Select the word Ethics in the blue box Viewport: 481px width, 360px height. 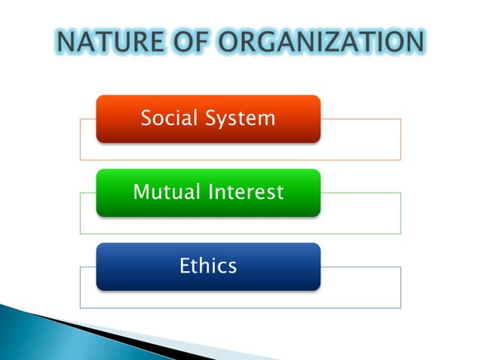click(208, 265)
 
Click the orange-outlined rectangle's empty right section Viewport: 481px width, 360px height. click(360, 139)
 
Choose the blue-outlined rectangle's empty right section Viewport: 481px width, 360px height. click(360, 287)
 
